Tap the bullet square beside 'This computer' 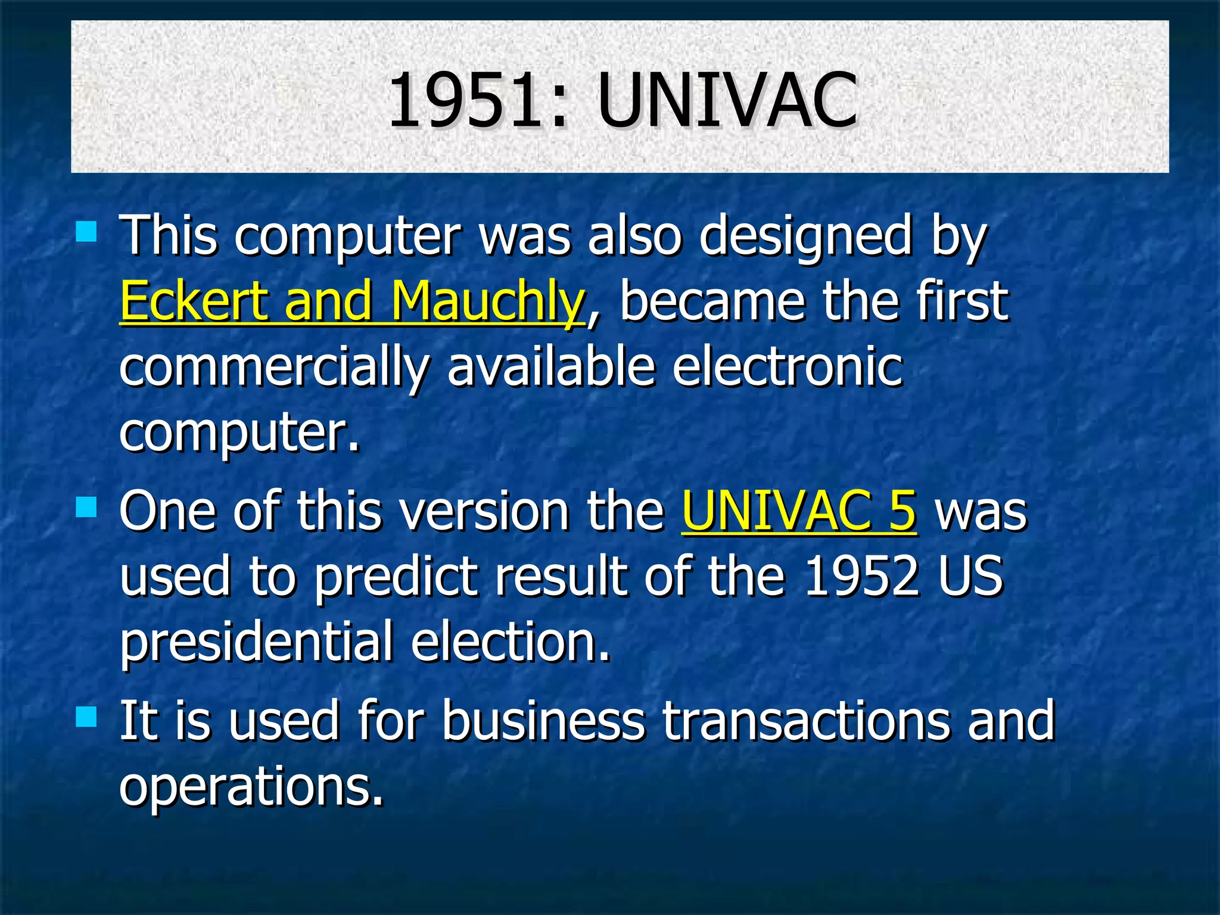pos(86,231)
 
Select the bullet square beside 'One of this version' pos(86,508)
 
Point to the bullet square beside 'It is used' pos(86,717)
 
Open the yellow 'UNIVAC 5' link pos(799,511)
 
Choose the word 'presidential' pos(256,642)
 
